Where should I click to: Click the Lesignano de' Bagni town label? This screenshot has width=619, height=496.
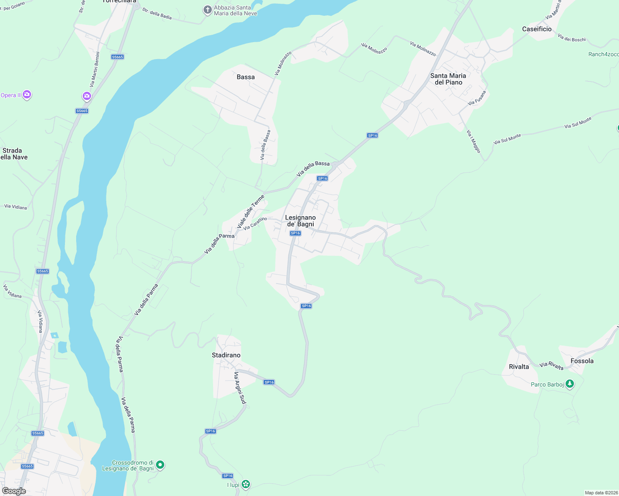(x=300, y=221)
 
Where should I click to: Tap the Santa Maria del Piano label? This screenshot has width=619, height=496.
(x=448, y=79)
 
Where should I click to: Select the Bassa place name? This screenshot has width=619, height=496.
(x=246, y=77)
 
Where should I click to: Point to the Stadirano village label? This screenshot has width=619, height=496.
(x=226, y=355)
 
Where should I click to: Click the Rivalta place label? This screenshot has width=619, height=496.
(x=519, y=367)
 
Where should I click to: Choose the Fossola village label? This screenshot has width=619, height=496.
(x=582, y=361)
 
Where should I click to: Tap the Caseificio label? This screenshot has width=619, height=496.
(x=537, y=29)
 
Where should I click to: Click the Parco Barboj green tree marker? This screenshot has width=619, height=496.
(x=570, y=384)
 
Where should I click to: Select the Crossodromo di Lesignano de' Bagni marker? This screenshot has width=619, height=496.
(x=160, y=465)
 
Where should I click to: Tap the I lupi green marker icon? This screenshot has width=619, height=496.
(x=246, y=484)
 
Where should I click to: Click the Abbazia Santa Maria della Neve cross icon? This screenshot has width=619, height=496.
(x=208, y=10)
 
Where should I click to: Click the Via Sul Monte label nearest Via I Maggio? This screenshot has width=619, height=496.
(x=507, y=139)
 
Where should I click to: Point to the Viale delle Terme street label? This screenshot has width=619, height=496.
(x=250, y=212)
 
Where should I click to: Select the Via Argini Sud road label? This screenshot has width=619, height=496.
(x=240, y=388)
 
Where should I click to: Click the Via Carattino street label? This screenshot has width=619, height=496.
(x=255, y=224)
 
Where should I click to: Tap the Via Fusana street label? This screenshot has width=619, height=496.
(x=477, y=98)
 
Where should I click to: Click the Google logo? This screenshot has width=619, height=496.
(x=14, y=491)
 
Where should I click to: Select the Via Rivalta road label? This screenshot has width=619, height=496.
(x=551, y=365)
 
